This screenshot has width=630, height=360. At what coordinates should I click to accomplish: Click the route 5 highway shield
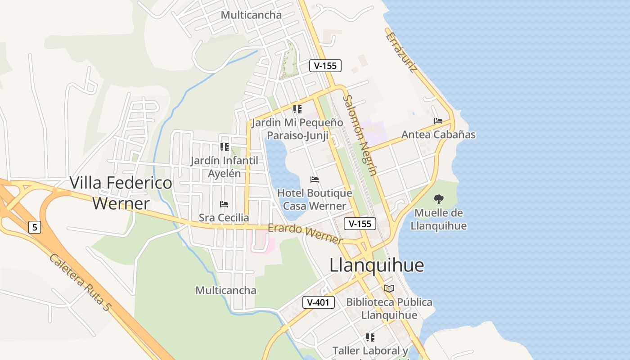point(34,227)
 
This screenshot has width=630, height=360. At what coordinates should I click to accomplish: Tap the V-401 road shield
point(319,302)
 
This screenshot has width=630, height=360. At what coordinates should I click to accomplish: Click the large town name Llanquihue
point(377,265)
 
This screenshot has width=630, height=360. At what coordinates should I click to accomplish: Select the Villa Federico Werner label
point(121,193)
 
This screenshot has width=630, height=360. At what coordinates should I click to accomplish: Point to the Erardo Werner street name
point(305,234)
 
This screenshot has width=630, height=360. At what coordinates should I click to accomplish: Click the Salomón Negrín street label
point(360,135)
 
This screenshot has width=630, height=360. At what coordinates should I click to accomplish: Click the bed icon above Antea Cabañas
point(438,121)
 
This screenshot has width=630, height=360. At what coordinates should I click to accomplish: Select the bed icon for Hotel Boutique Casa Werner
point(315,180)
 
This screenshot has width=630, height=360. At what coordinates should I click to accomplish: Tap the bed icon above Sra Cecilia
point(224,204)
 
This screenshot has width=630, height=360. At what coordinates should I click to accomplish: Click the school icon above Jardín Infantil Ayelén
point(224,147)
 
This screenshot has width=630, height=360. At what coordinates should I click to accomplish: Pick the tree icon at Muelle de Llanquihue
point(438,199)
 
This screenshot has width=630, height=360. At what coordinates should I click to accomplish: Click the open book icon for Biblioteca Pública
point(389,288)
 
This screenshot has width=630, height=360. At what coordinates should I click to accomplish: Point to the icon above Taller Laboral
point(370,337)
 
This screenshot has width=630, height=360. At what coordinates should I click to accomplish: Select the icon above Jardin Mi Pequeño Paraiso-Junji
point(297,109)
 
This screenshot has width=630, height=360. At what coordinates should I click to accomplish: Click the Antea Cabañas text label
point(438,135)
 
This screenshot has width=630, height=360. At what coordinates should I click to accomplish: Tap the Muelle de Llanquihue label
point(438,219)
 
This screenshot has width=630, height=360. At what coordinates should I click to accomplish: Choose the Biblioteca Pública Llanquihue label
point(389,309)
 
